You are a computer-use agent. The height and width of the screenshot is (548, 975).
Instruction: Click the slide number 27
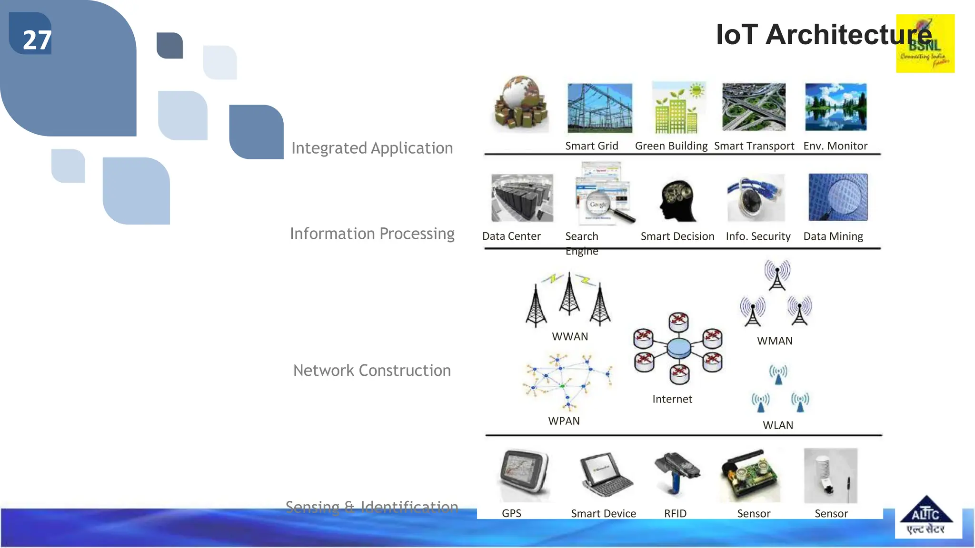(37, 40)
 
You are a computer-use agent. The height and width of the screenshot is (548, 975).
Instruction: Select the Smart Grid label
(591, 146)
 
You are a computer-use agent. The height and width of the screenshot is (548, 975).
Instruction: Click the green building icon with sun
(678, 108)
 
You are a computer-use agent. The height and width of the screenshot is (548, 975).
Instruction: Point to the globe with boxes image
(520, 104)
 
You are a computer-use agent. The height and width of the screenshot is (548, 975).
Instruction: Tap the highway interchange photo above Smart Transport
(754, 107)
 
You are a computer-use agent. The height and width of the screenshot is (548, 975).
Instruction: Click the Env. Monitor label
(835, 146)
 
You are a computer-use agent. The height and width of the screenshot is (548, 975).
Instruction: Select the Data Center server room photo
(522, 198)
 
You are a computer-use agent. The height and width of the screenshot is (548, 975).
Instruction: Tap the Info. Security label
(758, 236)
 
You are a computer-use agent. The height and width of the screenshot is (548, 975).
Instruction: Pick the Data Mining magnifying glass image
(838, 197)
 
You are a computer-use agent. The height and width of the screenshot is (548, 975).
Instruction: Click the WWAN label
(570, 337)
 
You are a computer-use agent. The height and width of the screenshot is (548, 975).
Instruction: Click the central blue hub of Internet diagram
(679, 348)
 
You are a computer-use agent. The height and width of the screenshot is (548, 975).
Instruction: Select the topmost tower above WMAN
(777, 274)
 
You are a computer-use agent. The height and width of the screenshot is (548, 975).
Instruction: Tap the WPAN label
(564, 421)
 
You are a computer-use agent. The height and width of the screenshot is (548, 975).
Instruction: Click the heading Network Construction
(372, 371)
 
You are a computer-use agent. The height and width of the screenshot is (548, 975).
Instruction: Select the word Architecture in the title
(848, 35)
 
